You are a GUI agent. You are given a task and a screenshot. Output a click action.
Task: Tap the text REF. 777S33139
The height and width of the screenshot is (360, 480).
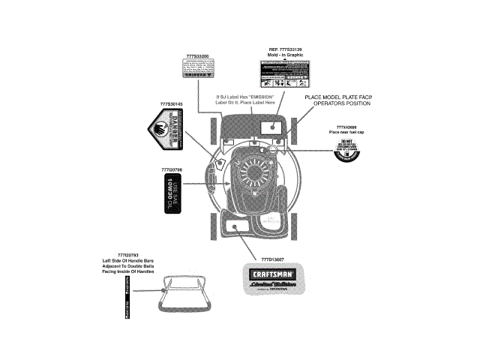point(286,49)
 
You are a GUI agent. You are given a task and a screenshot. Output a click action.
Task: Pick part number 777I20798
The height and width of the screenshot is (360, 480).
point(172,170)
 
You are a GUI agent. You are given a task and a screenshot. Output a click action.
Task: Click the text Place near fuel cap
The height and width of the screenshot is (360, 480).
point(346,133)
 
